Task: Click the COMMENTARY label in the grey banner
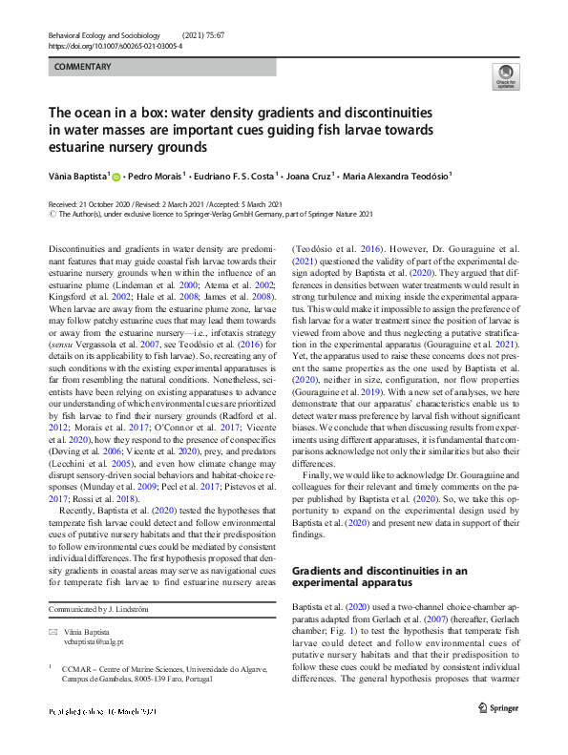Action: click(x=83, y=67)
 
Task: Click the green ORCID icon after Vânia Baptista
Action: click(x=117, y=176)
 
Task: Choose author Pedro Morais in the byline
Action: click(x=156, y=176)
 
